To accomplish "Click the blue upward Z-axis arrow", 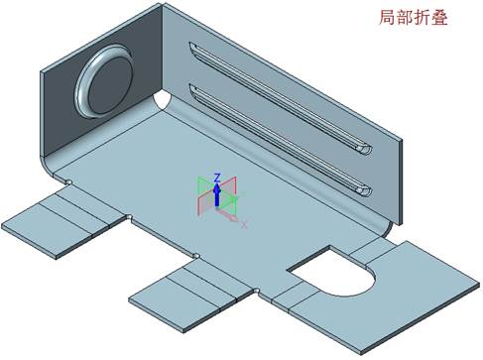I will click(216, 192).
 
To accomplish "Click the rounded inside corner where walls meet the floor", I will click(162, 103).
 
